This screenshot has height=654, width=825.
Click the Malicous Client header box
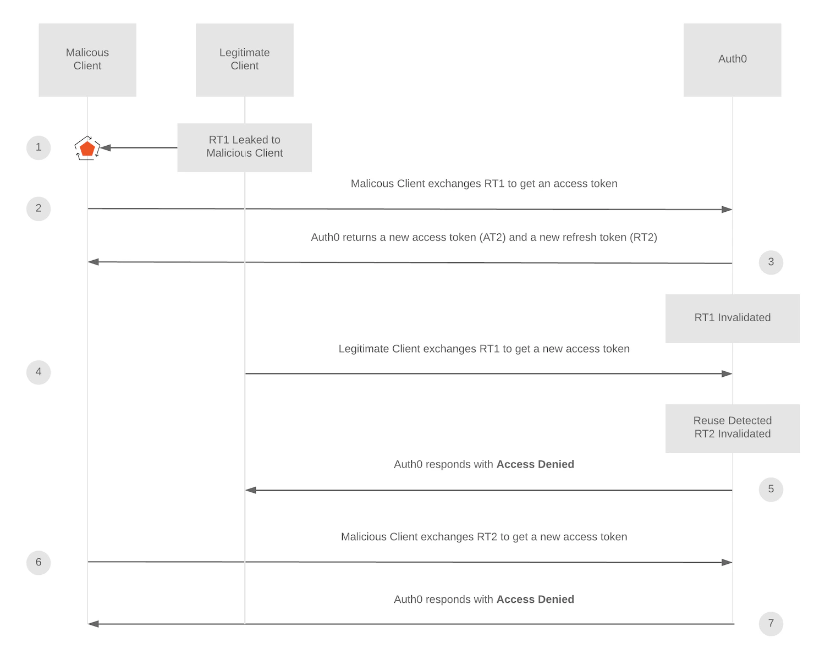(87, 59)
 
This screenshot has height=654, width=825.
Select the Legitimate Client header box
(244, 59)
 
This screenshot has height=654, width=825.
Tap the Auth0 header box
(732, 59)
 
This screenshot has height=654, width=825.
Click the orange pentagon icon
(87, 149)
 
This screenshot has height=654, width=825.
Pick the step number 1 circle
(38, 147)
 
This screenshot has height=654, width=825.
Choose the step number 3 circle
(771, 262)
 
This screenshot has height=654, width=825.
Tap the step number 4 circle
(38, 372)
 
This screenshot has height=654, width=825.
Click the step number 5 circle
(771, 490)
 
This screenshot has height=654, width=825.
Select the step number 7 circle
(771, 624)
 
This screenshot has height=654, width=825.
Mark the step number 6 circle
(38, 563)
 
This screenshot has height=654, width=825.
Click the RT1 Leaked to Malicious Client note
(244, 147)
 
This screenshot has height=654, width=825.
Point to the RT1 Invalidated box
(732, 318)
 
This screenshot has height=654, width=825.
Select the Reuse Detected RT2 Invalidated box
(732, 428)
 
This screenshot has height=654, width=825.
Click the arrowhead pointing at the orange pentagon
(106, 148)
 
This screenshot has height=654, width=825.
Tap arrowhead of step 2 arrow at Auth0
(727, 210)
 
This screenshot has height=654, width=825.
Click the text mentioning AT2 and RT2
(484, 238)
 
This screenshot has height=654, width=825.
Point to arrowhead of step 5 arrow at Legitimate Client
(251, 490)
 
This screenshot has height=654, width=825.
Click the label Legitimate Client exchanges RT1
(484, 349)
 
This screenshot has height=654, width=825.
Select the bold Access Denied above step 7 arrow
(535, 600)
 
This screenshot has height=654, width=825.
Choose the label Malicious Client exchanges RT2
(484, 537)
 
